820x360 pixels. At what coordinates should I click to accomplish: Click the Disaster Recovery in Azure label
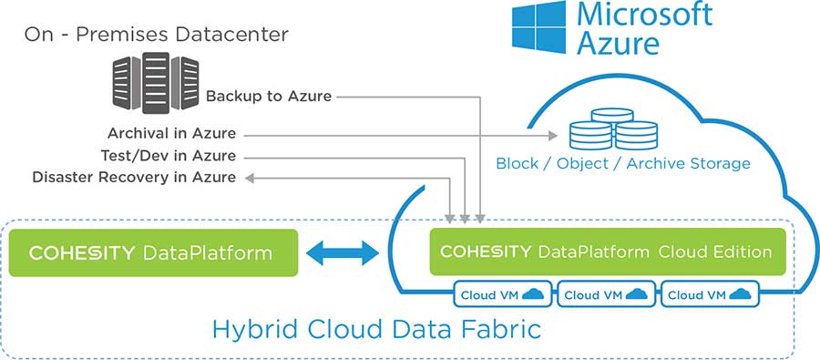[x=134, y=176]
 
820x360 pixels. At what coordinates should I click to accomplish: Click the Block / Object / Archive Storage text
[x=623, y=164]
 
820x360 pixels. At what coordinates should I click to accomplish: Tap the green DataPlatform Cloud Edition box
[x=607, y=252]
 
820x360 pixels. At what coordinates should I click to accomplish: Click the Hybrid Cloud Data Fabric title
[x=376, y=329]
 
